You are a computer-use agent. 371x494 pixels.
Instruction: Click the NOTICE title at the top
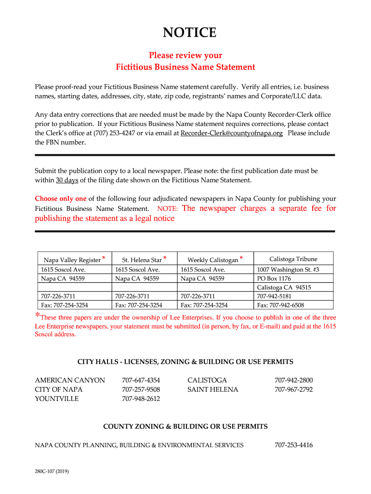coord(189,32)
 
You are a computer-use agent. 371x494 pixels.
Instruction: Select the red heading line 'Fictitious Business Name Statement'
coord(185,67)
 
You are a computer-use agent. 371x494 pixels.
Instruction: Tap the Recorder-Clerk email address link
coord(231,133)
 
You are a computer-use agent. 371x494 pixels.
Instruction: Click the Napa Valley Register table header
coord(72,260)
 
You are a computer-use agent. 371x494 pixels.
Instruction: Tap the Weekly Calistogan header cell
coord(213,260)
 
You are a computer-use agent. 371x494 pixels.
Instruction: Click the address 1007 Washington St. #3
coord(288,270)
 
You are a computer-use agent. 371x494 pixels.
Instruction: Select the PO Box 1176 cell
coord(274,278)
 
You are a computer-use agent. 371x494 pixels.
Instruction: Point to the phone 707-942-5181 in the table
coord(274,296)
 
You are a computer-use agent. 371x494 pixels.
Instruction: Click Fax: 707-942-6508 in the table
coord(280,305)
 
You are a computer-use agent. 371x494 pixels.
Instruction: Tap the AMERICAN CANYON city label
coord(70,380)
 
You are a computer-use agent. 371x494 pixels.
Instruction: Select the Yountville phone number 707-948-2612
coord(141,398)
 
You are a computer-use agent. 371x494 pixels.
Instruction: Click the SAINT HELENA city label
coord(212,389)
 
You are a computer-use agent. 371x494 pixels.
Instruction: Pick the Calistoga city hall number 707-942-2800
coord(293,380)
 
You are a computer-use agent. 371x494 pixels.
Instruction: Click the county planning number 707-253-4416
coord(293,445)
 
